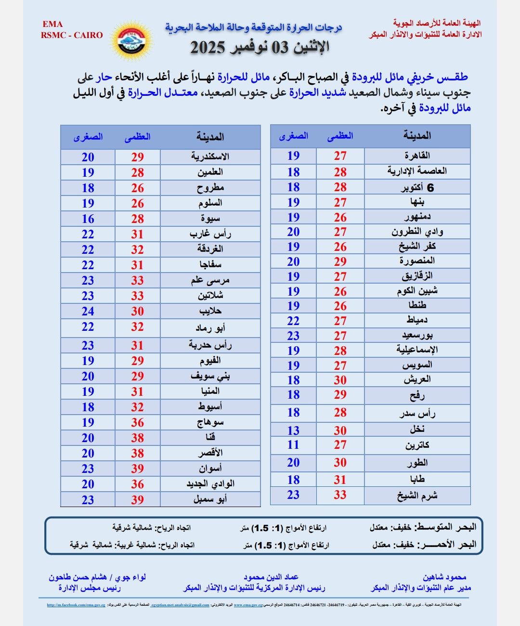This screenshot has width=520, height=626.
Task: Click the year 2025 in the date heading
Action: (208, 47)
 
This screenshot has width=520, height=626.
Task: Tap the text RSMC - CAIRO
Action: (72, 35)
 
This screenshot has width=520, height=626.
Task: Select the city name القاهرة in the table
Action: (417, 156)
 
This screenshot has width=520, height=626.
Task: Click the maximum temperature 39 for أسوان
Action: (138, 469)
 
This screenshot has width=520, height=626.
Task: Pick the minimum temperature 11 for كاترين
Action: (293, 445)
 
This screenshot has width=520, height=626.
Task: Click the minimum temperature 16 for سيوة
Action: (88, 219)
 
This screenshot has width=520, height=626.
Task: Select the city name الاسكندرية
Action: (210, 157)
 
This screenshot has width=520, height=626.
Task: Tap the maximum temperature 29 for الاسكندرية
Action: (138, 157)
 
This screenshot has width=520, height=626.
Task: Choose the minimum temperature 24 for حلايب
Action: (88, 311)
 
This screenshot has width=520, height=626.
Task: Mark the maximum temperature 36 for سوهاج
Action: (138, 422)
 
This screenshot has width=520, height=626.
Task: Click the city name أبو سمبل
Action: (210, 499)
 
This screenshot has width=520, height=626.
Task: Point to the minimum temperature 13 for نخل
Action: (293, 430)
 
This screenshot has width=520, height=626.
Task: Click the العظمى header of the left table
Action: (138, 137)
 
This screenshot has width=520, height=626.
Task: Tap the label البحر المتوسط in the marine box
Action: (445, 526)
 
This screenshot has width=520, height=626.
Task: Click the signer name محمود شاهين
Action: (444, 577)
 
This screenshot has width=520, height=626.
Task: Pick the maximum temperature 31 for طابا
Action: (340, 480)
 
